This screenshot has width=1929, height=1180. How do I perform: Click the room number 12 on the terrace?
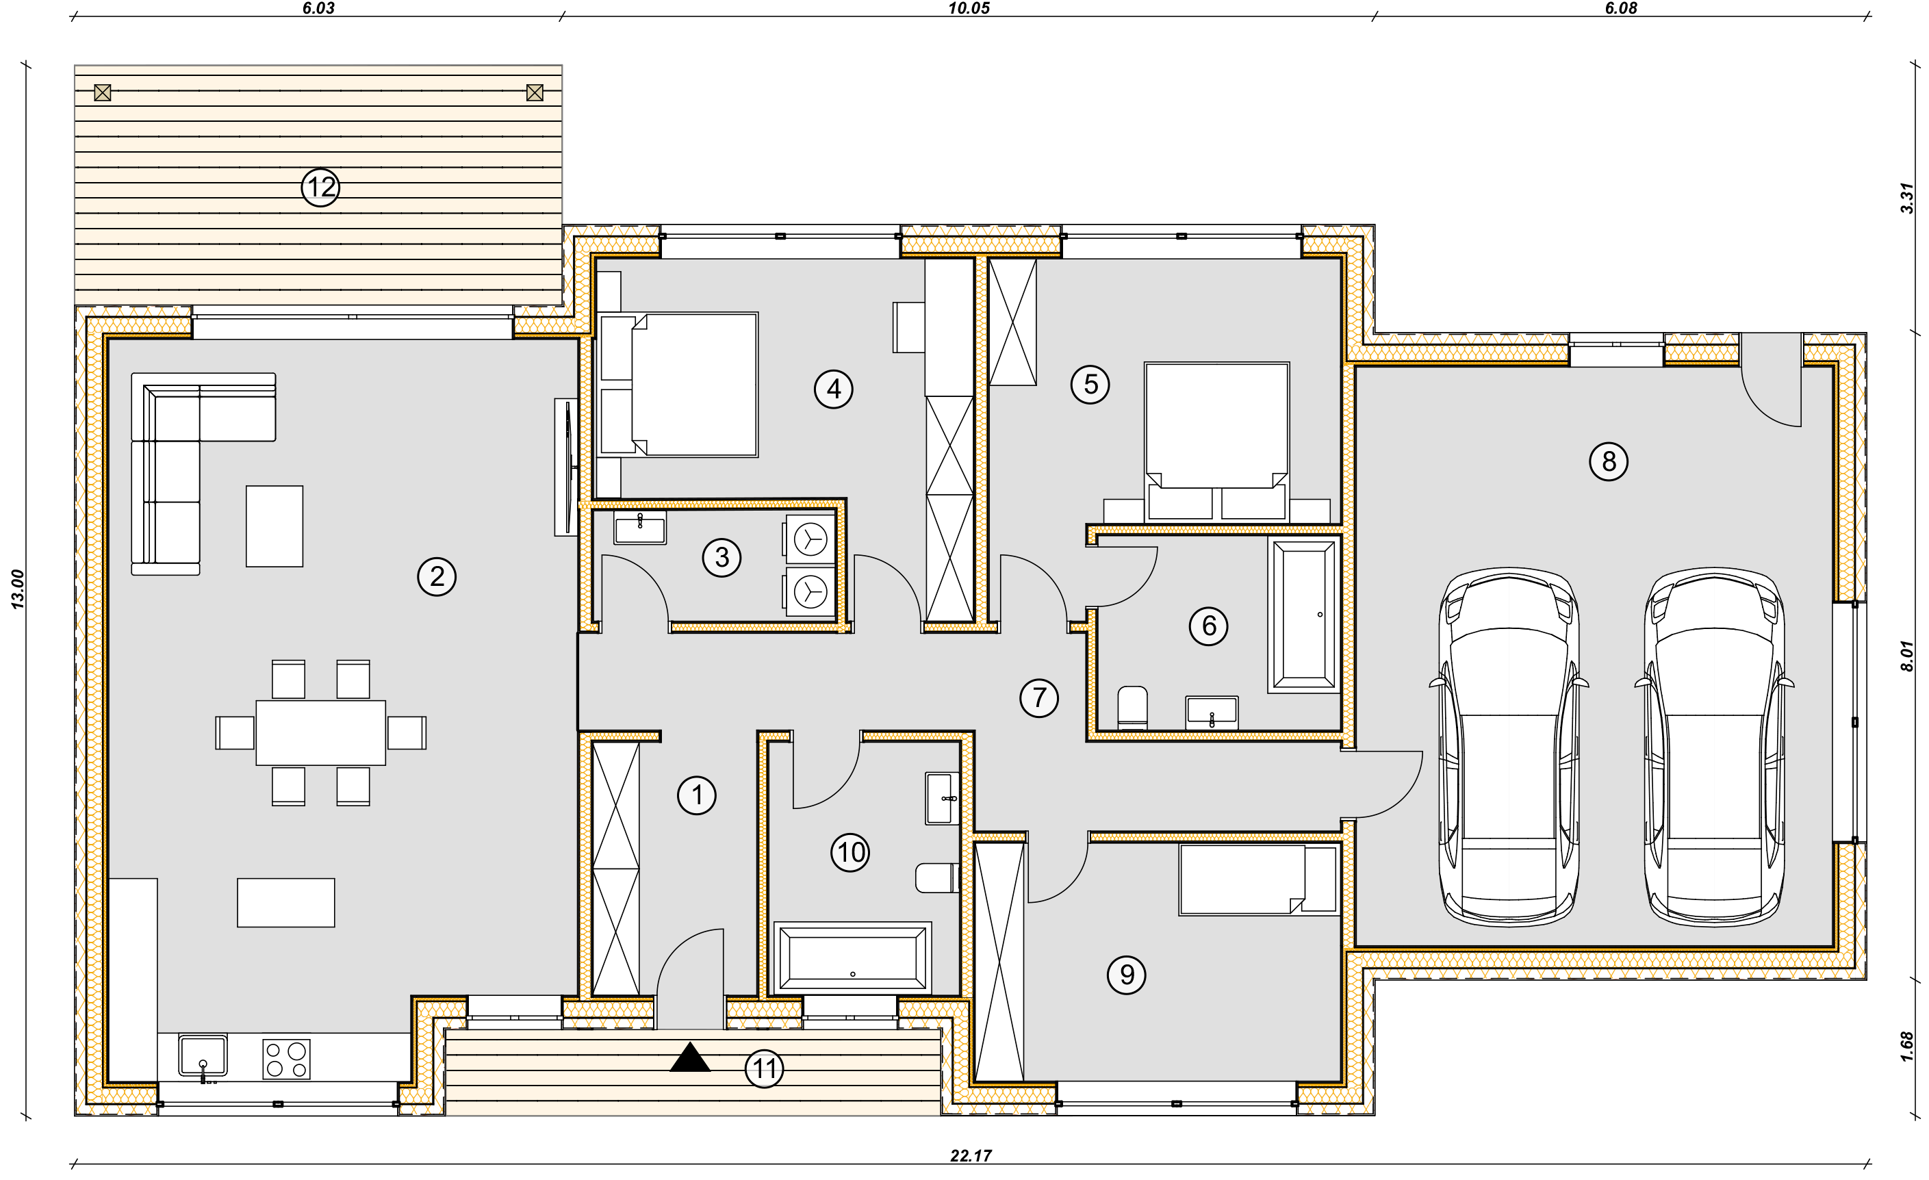click(320, 187)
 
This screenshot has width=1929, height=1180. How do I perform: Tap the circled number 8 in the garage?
click(1608, 461)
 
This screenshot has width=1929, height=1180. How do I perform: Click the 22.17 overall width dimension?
click(971, 1156)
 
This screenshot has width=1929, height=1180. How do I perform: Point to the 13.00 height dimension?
click(17, 589)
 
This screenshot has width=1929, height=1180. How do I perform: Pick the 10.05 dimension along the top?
click(969, 9)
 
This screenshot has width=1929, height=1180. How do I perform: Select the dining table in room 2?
click(320, 732)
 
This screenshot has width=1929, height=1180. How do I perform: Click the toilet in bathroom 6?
click(1132, 708)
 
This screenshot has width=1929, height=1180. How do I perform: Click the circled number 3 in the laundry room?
click(721, 558)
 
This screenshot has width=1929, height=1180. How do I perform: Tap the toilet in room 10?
click(937, 877)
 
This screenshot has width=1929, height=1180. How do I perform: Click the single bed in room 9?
click(1258, 880)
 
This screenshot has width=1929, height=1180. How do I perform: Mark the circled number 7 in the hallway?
click(1039, 697)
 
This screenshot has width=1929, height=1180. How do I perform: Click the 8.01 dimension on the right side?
click(1907, 656)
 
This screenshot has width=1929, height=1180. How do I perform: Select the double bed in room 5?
click(1216, 441)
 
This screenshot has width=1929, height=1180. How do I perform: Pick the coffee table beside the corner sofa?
click(274, 526)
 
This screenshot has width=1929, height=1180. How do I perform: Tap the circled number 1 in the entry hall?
click(696, 795)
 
